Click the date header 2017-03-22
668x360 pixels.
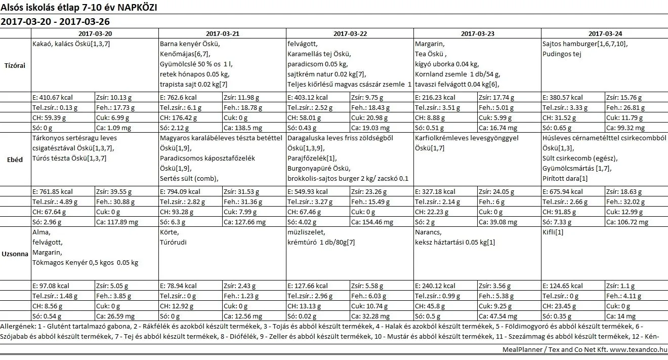click(x=350, y=33)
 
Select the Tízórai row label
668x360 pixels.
click(x=15, y=65)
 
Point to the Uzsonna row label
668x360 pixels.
click(x=16, y=254)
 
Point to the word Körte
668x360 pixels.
click(x=169, y=232)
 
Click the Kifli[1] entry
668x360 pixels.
click(x=553, y=232)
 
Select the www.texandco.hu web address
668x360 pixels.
click(x=638, y=350)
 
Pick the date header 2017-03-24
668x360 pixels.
click(x=605, y=33)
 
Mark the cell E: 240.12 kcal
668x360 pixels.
click(x=435, y=286)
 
